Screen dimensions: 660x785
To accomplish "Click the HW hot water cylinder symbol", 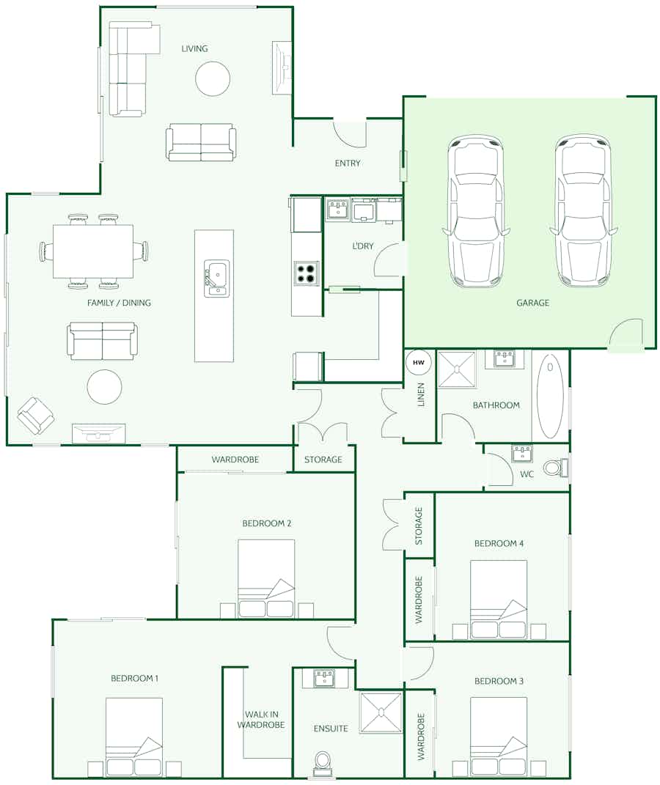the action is (x=419, y=363).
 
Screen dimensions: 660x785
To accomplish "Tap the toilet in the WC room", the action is (x=556, y=468).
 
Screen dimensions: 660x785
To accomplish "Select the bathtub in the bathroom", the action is (x=550, y=397).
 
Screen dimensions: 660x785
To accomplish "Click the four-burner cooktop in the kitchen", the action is (x=307, y=273).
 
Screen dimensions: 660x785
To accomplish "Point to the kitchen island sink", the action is (x=216, y=279).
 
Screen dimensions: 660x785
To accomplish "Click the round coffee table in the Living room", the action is (x=213, y=78).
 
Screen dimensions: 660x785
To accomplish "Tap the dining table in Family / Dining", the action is (x=93, y=251).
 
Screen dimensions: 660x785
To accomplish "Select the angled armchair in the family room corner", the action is (x=35, y=416).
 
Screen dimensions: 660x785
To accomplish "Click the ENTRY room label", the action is (x=348, y=163).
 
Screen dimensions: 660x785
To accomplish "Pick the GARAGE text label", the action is (x=533, y=303).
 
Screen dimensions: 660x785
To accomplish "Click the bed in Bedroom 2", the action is (x=266, y=578).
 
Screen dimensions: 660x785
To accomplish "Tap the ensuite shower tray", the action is (x=381, y=712).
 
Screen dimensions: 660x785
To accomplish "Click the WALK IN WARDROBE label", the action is (x=261, y=720).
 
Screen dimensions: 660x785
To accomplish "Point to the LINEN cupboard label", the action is (x=421, y=394).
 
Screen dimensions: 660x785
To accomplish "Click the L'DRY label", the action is (x=363, y=246).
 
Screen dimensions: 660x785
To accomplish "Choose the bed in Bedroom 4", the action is (x=499, y=600).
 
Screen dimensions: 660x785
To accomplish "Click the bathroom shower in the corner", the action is (x=457, y=369).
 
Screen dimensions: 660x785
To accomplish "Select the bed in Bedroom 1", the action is (x=134, y=737).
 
